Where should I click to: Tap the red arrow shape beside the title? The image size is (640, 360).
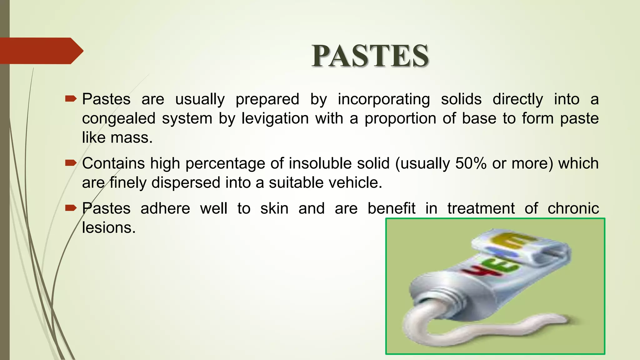click(x=41, y=51)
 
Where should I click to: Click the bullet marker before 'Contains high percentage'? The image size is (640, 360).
click(x=71, y=163)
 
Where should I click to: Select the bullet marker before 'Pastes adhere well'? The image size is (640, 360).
click(x=71, y=208)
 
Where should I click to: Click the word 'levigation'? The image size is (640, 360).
click(x=275, y=119)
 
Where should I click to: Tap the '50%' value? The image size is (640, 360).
click(x=471, y=163)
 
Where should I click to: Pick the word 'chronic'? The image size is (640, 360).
click(x=573, y=208)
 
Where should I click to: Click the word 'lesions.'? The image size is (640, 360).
click(x=109, y=227)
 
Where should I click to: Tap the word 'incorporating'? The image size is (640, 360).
click(x=384, y=99)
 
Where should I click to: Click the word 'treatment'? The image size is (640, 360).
click(x=481, y=208)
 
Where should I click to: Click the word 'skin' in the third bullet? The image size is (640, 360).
click(x=274, y=208)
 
